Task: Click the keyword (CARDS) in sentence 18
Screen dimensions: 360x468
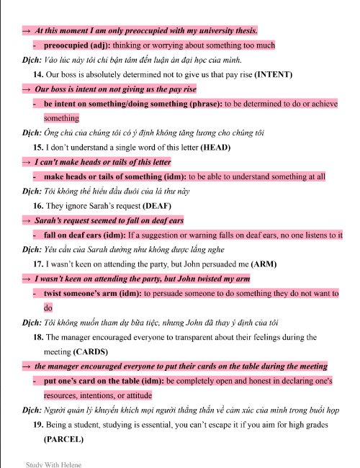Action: click(91, 352)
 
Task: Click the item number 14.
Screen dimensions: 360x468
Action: click(38, 74)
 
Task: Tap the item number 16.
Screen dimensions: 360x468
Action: click(38, 206)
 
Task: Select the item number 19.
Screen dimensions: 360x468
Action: click(38, 425)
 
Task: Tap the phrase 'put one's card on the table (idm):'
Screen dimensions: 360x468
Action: click(103, 381)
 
